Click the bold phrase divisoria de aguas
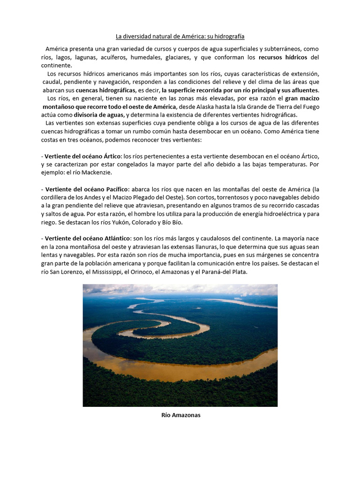[x=101, y=115]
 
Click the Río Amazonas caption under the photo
[x=180, y=415]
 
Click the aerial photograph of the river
[x=180, y=345]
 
